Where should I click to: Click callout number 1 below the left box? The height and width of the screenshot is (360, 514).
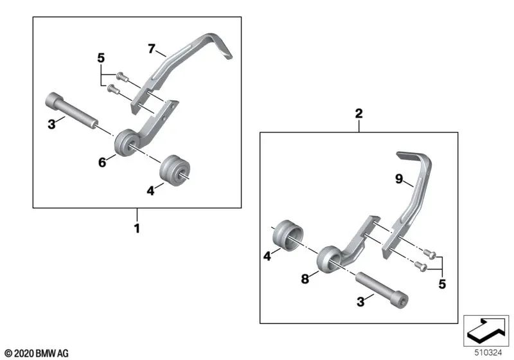pyautogui.click(x=136, y=228)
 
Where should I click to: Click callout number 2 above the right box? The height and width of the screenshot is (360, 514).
pyautogui.click(x=359, y=114)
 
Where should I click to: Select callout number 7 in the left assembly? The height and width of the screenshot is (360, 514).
pyautogui.click(x=152, y=48)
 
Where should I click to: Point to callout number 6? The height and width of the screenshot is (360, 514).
pyautogui.click(x=102, y=163)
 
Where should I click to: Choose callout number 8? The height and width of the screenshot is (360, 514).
pyautogui.click(x=305, y=280)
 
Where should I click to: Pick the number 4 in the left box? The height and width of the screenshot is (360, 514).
pyautogui.click(x=151, y=190)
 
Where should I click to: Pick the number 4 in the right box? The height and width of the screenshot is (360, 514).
pyautogui.click(x=267, y=255)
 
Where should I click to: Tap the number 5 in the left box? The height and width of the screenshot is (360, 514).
pyautogui.click(x=100, y=59)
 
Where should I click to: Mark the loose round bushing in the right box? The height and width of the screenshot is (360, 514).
pyautogui.click(x=288, y=236)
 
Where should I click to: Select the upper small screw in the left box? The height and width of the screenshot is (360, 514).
pyautogui.click(x=123, y=77)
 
